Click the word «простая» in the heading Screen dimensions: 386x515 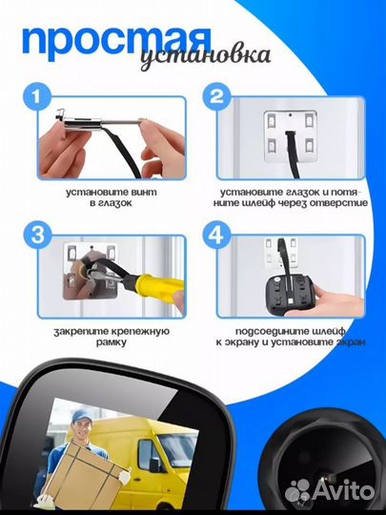[x=116, y=42]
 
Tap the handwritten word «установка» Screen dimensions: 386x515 [x=206, y=58]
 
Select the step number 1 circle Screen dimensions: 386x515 [x=37, y=96]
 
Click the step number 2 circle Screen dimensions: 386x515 [x=216, y=96]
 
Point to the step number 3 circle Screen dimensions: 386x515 [x=37, y=236]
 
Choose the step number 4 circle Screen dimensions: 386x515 [x=216, y=236]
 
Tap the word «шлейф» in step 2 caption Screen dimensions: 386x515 [x=252, y=203]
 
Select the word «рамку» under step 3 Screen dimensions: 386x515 [x=112, y=342]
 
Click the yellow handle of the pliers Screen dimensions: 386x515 [x=159, y=288]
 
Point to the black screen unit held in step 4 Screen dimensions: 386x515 [x=290, y=295]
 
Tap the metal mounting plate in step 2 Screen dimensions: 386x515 [x=290, y=135]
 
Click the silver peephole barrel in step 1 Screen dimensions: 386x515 [x=83, y=123]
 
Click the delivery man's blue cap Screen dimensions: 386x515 [x=82, y=416]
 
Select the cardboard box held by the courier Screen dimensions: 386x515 [x=84, y=472]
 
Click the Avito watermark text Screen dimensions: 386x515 [x=343, y=491]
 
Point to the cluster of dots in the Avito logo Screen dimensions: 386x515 [x=297, y=491]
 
